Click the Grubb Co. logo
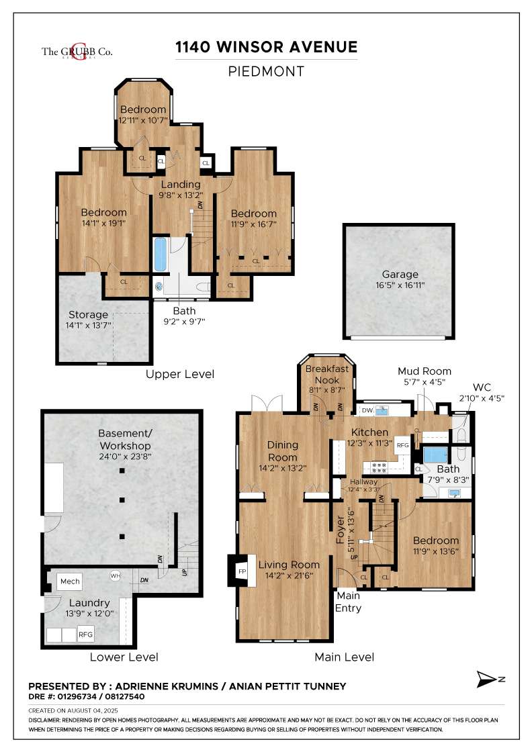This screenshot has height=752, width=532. point(67,52)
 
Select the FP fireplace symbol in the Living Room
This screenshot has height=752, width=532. point(242,571)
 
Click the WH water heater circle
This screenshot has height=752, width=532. point(115,575)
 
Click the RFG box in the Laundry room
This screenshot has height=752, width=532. point(86,634)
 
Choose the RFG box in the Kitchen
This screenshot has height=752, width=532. point(402,445)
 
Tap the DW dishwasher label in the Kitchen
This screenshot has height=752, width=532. point(367,410)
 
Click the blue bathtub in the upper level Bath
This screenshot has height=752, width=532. point(160,254)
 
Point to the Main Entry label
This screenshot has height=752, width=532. point(349,602)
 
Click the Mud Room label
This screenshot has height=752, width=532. point(424,371)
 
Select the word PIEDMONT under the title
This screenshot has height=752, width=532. point(266,71)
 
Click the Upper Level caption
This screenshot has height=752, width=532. point(180,374)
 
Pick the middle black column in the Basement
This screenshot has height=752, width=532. point(122,500)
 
